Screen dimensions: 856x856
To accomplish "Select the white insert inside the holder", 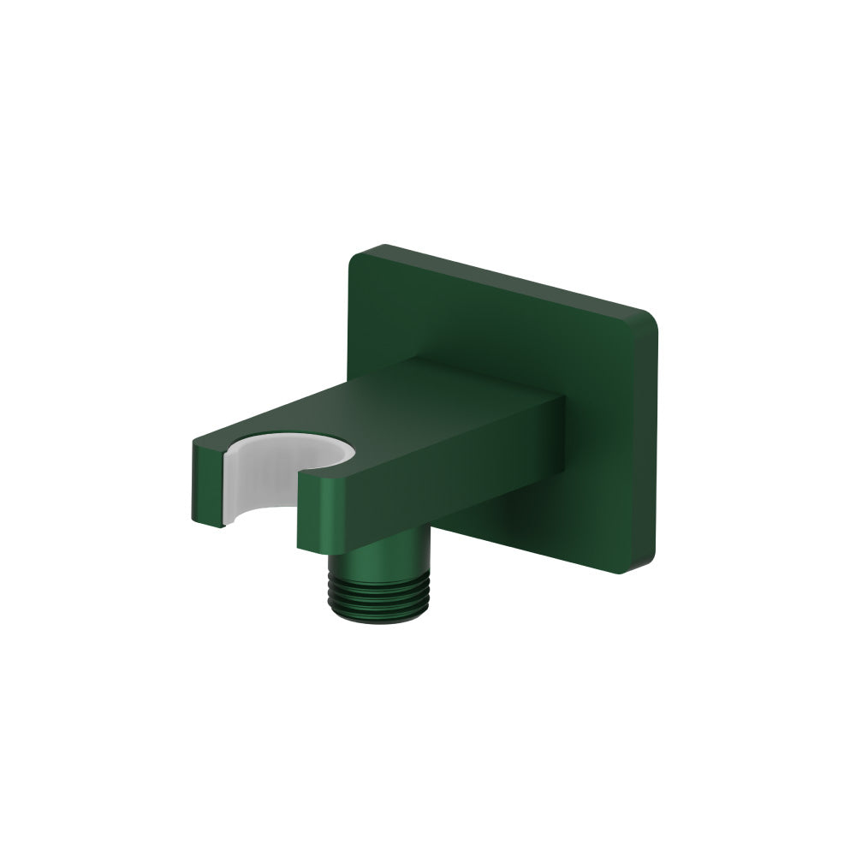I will [257, 479].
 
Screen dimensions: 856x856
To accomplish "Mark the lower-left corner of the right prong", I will [300, 545].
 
